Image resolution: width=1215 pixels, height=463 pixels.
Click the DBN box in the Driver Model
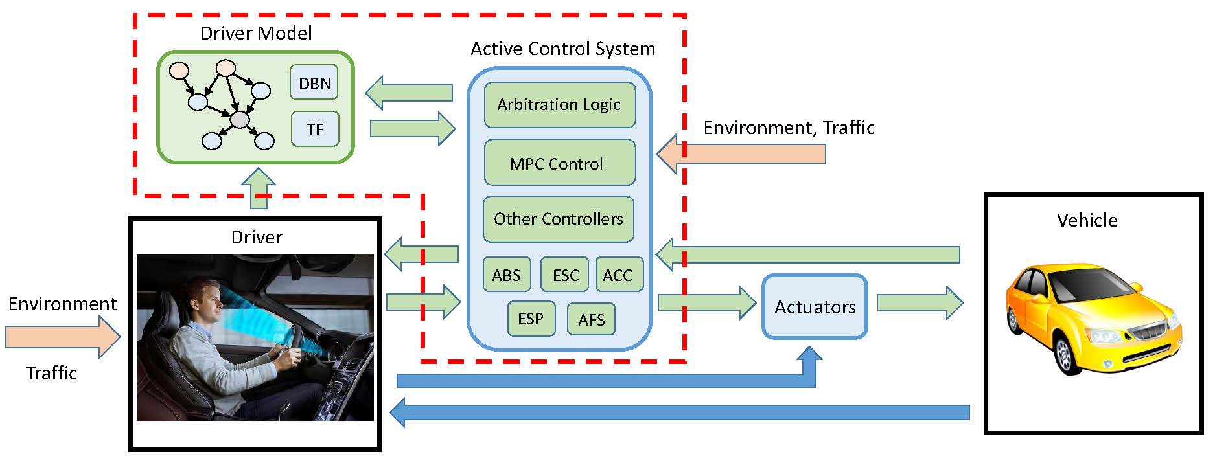tap(314, 82)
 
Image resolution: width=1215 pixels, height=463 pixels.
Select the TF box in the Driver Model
tap(314, 129)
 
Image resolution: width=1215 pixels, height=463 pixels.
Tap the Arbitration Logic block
tap(559, 104)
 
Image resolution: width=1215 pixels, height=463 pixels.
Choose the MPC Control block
tap(559, 163)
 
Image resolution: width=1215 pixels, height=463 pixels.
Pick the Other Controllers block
tap(559, 219)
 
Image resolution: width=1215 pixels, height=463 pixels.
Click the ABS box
tap(507, 275)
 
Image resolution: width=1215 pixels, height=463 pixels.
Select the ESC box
tap(565, 275)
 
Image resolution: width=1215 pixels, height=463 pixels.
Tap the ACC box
tap(619, 275)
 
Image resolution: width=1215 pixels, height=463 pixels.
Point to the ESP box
tap(531, 319)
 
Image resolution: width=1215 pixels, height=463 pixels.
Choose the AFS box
tap(591, 319)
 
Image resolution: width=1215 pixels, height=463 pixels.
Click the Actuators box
tap(815, 306)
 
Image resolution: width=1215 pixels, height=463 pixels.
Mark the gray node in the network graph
tap(240, 119)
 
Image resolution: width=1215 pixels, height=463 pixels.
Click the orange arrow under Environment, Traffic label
tap(741, 154)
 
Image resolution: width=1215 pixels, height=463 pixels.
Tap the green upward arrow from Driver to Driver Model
tap(259, 188)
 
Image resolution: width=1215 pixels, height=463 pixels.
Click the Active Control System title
tap(562, 49)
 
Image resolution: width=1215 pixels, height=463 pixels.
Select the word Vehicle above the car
tap(1087, 220)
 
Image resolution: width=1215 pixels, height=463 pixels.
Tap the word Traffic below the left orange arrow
tap(51, 373)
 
